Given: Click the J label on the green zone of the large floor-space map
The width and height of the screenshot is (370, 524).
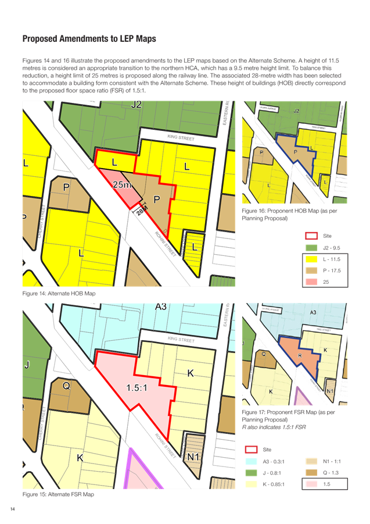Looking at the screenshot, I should [27, 365].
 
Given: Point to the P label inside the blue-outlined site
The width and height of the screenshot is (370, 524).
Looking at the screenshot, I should [296, 152].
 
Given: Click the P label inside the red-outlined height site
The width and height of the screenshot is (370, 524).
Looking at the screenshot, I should [156, 199].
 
